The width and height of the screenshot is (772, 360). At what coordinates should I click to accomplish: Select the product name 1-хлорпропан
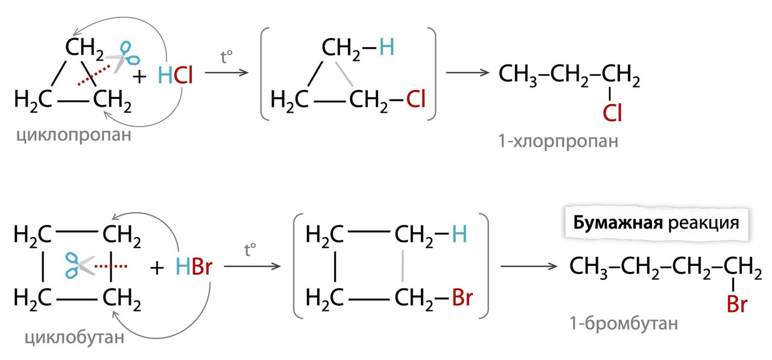(558, 142)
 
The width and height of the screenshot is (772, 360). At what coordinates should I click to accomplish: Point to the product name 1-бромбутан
(624, 324)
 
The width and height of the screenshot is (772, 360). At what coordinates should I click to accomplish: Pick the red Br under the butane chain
(736, 304)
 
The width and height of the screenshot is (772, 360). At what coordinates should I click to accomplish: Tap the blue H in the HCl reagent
(165, 75)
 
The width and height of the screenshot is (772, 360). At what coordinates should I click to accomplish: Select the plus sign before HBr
(158, 267)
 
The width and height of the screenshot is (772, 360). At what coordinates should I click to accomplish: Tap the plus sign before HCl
(139, 76)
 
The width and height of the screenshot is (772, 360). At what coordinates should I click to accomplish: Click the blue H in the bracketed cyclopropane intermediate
(386, 46)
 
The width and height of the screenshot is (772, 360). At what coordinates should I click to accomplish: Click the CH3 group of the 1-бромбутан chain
(589, 265)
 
